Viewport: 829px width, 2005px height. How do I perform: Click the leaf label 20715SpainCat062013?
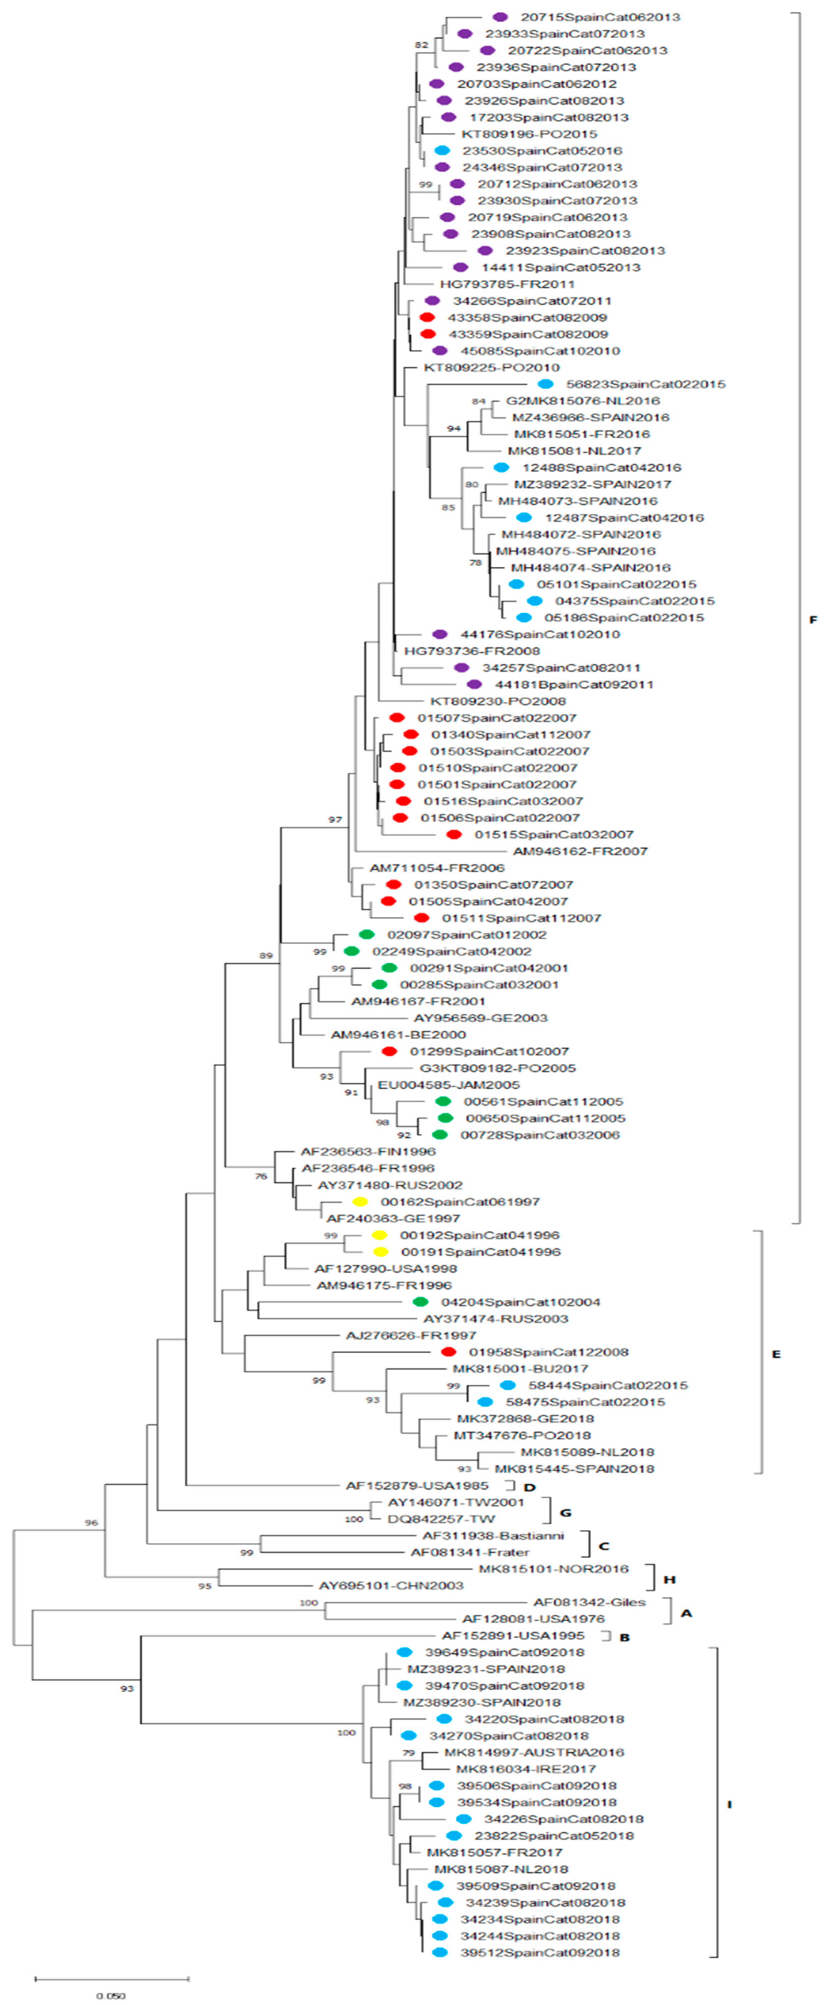(x=599, y=17)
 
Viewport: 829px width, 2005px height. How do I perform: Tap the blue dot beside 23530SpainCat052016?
(x=442, y=150)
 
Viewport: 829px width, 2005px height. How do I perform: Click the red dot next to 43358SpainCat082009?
(x=426, y=318)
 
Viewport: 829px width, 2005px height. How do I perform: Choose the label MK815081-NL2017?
(x=574, y=451)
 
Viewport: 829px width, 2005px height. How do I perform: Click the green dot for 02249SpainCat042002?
(x=352, y=951)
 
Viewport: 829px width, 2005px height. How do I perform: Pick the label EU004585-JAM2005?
(x=448, y=1085)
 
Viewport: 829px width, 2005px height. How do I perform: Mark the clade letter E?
(x=775, y=1354)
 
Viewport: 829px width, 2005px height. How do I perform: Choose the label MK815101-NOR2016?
(x=553, y=1569)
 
